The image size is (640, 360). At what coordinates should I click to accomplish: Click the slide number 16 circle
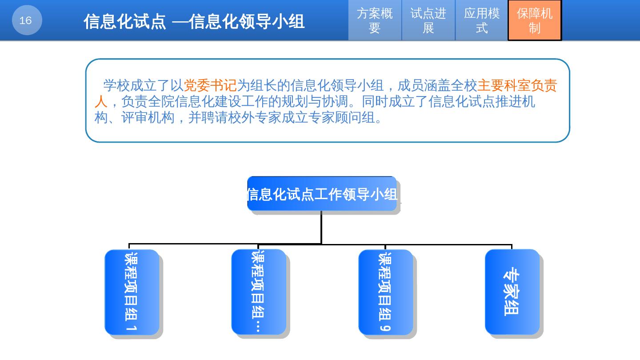(27, 20)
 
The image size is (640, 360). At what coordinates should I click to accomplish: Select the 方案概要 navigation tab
(375, 20)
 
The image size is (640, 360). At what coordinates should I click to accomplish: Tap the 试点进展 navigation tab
(428, 20)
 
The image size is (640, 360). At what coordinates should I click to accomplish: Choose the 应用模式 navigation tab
(481, 20)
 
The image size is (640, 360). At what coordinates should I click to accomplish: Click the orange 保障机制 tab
(535, 20)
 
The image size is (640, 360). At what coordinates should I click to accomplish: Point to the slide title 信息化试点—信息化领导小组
(194, 21)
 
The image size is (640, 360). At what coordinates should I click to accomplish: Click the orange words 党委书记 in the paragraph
(210, 85)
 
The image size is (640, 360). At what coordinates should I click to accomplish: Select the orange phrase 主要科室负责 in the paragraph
(516, 85)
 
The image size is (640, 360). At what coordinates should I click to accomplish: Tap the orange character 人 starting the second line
(101, 102)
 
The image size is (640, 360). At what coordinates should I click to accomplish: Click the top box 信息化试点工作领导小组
(322, 194)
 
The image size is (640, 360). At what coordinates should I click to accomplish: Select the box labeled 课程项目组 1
(132, 292)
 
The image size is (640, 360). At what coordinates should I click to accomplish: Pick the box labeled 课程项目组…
(258, 292)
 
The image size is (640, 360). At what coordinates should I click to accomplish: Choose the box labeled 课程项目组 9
(385, 292)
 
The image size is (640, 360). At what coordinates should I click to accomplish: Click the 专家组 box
(512, 292)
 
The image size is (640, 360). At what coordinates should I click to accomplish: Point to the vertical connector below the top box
(321, 227)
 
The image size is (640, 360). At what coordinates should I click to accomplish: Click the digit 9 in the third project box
(385, 327)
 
